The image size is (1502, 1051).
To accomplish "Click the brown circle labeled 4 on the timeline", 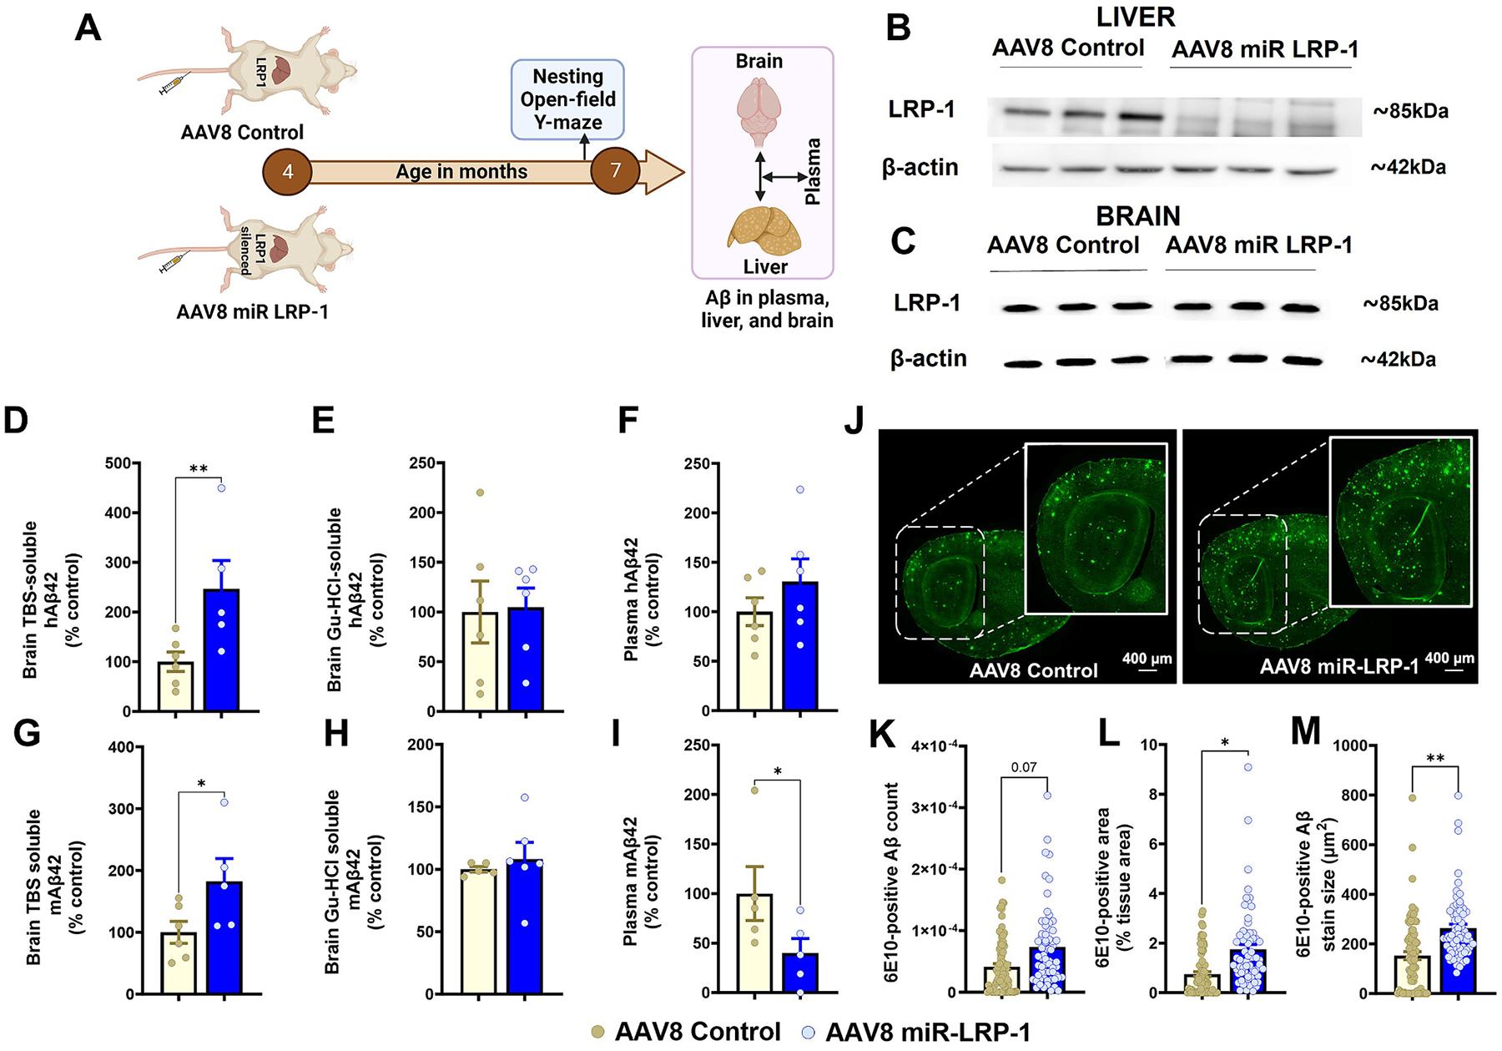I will pos(287,172).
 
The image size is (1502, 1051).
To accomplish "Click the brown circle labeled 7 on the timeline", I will pos(615,170).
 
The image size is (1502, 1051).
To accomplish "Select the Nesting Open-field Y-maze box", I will pos(567,99).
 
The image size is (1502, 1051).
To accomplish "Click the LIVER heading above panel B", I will pos(1136,17).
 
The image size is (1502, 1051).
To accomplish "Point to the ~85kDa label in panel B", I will pos(1410,111).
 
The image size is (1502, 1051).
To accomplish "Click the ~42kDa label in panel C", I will pos(1398,360).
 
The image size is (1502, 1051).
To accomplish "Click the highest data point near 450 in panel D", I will pos(222,488).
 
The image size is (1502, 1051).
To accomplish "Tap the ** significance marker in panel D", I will pos(199,469).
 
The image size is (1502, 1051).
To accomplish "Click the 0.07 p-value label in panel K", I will pos(1024,767).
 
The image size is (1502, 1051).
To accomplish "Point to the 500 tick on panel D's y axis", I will pos(118,464).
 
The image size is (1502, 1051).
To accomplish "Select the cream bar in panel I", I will pos(754,943).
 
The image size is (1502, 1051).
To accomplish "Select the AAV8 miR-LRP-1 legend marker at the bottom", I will pos(807,1033).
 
